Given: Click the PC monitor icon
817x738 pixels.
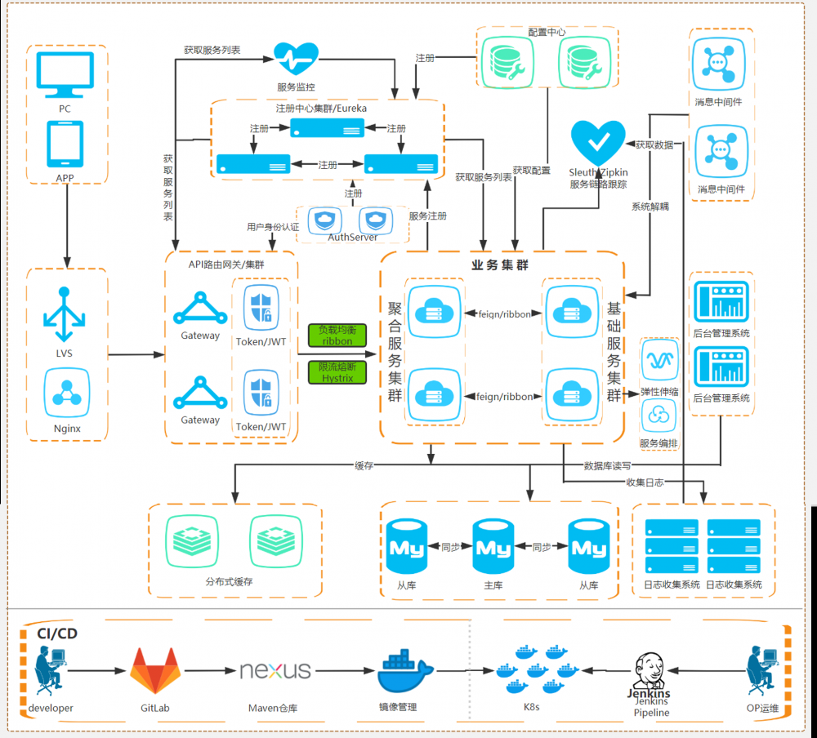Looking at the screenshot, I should tap(65, 76).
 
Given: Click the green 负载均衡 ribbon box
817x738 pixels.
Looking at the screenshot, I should tap(337, 335).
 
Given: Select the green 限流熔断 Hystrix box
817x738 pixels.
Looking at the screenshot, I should tap(337, 372).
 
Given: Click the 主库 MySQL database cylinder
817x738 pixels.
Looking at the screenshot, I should tap(494, 548).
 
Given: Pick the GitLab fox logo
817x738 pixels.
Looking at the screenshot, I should tap(154, 671).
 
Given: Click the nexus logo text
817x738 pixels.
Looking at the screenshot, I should tap(275, 671).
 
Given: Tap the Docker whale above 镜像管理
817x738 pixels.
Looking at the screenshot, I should tap(406, 671).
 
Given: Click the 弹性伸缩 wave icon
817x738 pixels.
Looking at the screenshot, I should tap(660, 357).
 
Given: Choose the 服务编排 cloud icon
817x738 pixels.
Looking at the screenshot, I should tap(660, 416).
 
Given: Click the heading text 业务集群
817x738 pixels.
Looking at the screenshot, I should tap(501, 265).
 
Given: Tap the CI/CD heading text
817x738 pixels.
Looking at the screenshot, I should tap(57, 634).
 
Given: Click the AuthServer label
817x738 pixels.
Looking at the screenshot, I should tap(353, 238).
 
